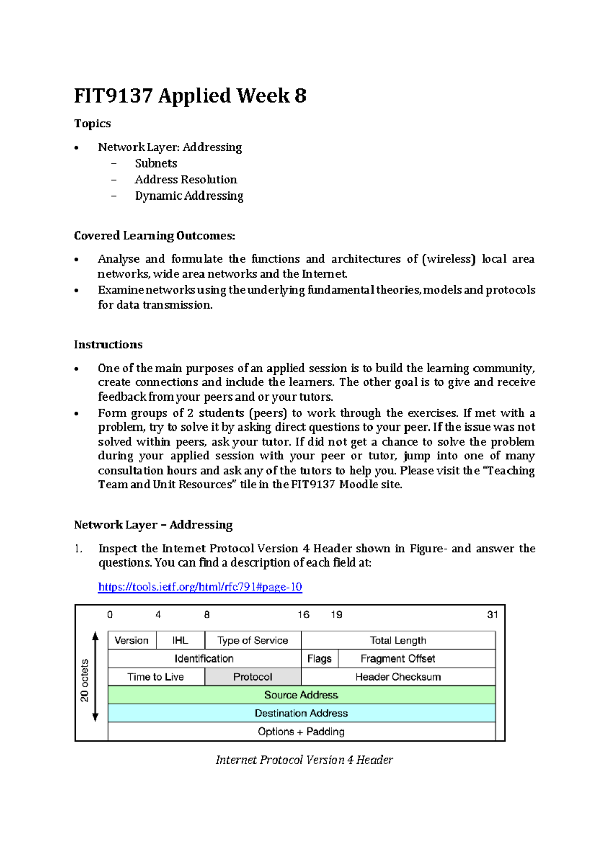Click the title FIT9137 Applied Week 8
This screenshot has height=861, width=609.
[x=190, y=95]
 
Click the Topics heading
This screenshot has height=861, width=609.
[x=92, y=124]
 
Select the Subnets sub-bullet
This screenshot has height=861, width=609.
[x=156, y=163]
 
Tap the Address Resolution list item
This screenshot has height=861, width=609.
[x=186, y=180]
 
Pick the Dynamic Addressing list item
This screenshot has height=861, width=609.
[x=189, y=196]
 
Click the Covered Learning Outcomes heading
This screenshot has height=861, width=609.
[x=154, y=236]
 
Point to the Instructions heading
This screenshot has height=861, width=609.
[x=108, y=345]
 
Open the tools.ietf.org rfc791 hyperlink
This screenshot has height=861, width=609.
[x=200, y=587]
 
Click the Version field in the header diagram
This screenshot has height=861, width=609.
[x=131, y=640]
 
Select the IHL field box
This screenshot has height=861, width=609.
[x=180, y=640]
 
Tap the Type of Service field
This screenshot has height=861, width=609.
[x=253, y=640]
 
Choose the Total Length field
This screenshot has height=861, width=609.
[x=398, y=640]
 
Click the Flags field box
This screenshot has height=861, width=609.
[x=319, y=658]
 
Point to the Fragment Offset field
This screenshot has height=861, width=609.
[x=398, y=658]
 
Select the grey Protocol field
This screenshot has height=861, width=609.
[x=253, y=677]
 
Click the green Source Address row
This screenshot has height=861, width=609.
[x=301, y=695]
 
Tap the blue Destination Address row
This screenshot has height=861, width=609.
[x=301, y=713]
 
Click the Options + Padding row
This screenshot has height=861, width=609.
[x=301, y=732]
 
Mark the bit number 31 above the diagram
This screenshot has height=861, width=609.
[x=492, y=615]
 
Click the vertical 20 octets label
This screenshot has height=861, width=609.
[x=84, y=680]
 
